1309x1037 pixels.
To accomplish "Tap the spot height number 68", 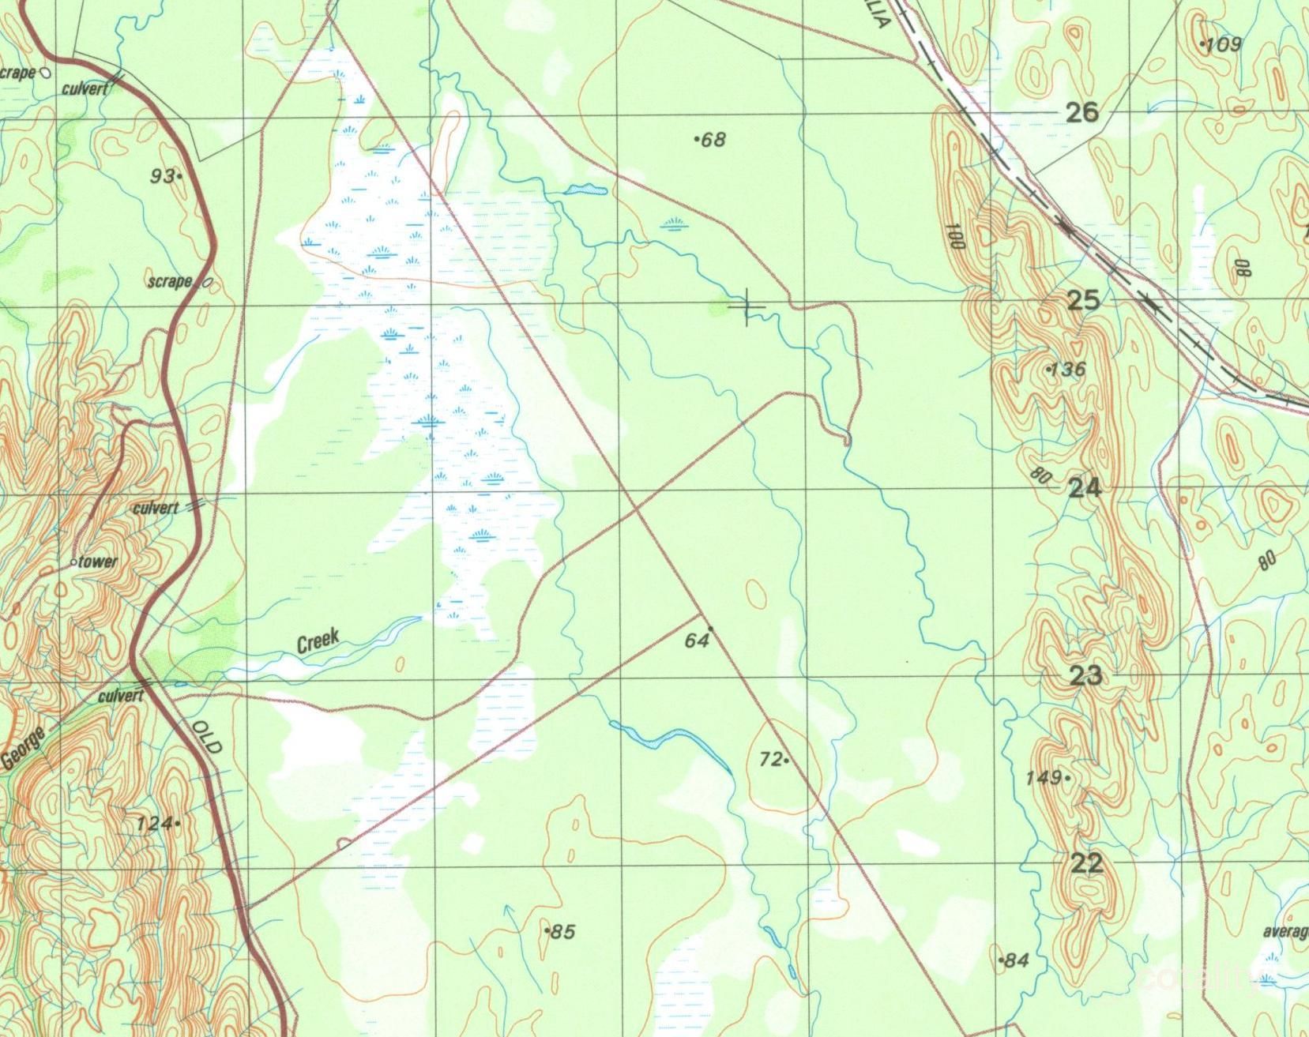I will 713,140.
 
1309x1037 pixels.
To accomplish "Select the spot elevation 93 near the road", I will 163,176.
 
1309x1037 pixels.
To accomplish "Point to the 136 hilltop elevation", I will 1069,369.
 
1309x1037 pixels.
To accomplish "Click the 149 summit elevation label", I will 1043,778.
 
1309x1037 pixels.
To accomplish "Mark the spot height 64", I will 696,641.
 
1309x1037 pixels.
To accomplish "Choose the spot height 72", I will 770,759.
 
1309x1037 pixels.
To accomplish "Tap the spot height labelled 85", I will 562,932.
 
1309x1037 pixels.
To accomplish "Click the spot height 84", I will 1017,960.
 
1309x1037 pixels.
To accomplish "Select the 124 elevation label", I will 154,824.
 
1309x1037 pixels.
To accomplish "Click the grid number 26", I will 1082,112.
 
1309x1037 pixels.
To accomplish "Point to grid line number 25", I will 1083,300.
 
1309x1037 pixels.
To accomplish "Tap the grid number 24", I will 1085,488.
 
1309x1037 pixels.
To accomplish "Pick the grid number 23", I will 1085,676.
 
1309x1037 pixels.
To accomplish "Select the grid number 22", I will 1086,863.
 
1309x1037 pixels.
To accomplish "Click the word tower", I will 97,562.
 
